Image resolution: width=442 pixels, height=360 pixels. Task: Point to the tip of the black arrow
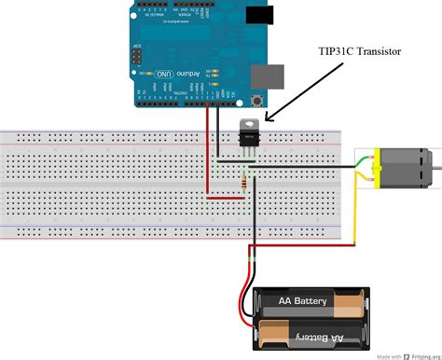[266, 119]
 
